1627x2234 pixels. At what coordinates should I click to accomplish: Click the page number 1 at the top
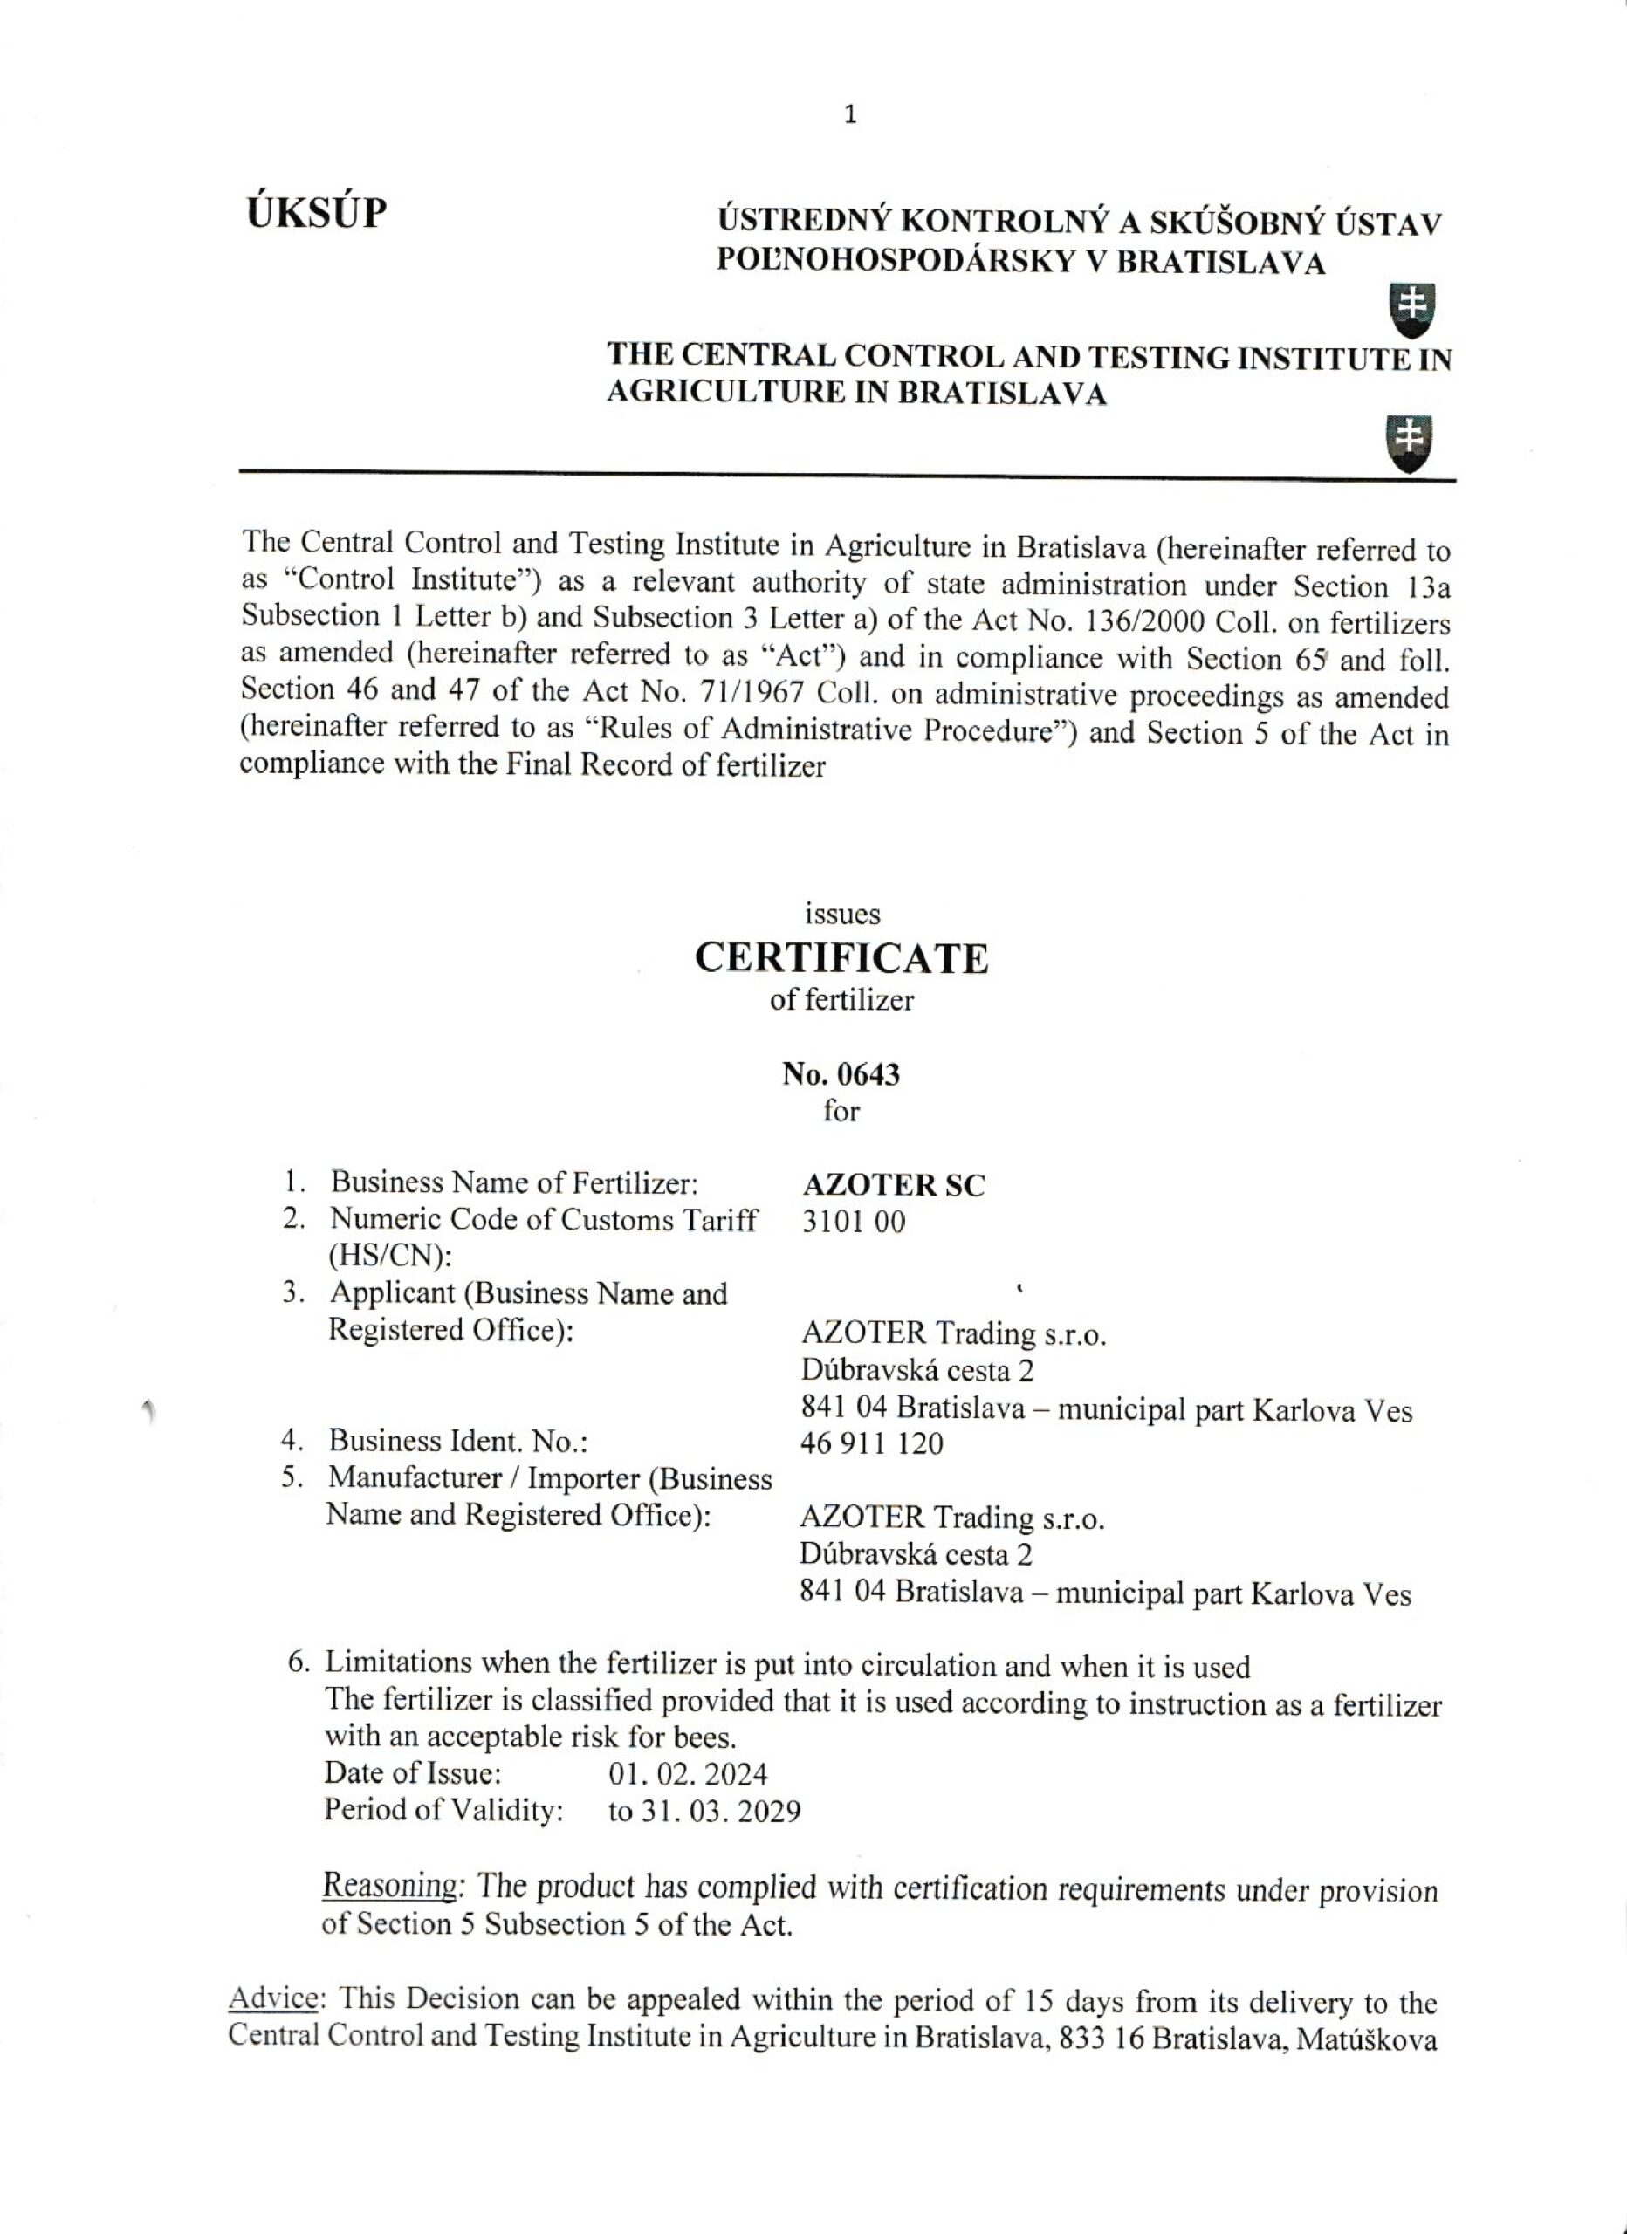pyautogui.click(x=850, y=115)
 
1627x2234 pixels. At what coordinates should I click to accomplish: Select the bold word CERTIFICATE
pyautogui.click(x=841, y=958)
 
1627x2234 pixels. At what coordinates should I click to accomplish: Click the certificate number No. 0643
pyautogui.click(x=841, y=1073)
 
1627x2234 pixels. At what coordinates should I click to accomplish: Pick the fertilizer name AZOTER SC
pyautogui.click(x=894, y=1185)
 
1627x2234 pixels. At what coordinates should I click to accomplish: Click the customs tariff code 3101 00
pyautogui.click(x=854, y=1223)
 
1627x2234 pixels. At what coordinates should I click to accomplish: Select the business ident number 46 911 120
pyautogui.click(x=872, y=1444)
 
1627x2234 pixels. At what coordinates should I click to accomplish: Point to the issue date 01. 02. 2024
pyautogui.click(x=688, y=1774)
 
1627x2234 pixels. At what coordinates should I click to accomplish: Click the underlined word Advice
pyautogui.click(x=274, y=1998)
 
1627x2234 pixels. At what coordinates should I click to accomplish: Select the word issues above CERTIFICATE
pyautogui.click(x=841, y=914)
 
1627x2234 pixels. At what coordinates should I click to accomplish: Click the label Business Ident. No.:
pyautogui.click(x=458, y=1441)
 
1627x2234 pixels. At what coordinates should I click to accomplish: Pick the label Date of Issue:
pyautogui.click(x=413, y=1773)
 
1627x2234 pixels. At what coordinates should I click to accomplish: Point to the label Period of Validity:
pyautogui.click(x=443, y=1811)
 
